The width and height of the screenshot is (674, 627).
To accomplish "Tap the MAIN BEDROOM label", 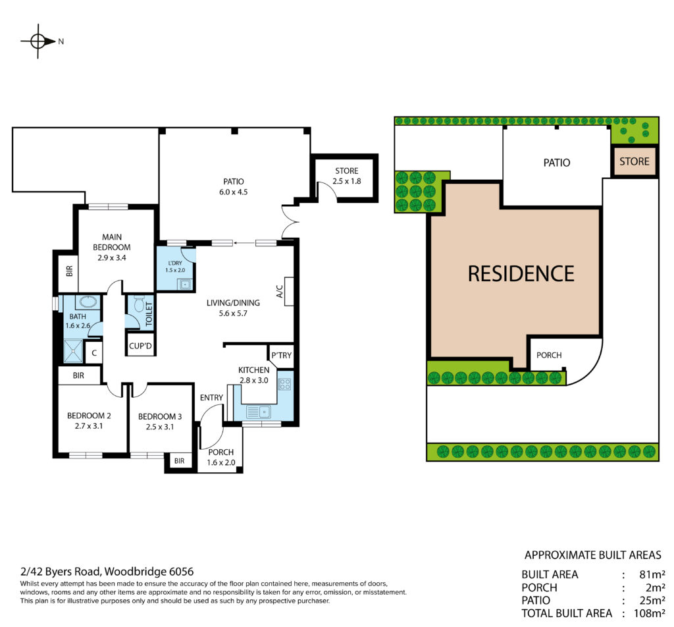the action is click(112, 242).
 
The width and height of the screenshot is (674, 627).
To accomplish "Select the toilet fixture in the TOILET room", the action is click(138, 304).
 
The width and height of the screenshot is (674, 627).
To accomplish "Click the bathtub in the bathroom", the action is click(89, 302).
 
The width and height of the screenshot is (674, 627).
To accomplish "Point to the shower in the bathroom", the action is click(74, 351).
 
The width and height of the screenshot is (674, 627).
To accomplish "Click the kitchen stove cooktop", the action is click(284, 384).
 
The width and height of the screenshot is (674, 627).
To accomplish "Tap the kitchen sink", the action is click(258, 412).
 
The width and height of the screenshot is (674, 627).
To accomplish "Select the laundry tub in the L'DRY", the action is click(185, 285).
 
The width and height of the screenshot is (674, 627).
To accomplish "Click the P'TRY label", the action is click(282, 355).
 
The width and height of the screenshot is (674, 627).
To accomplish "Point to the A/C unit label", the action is click(279, 292).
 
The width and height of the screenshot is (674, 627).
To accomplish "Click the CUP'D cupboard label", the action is click(141, 346).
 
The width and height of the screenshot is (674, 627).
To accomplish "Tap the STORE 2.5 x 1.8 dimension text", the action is click(346, 181).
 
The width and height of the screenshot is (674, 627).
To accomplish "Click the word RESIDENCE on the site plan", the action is click(521, 274).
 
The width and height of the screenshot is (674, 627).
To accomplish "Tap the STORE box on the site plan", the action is click(635, 161).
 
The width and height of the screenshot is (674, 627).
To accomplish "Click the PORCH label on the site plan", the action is click(549, 355).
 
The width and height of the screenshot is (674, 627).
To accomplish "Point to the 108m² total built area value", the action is click(650, 613).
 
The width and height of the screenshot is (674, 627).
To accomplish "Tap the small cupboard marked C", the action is click(94, 353).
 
